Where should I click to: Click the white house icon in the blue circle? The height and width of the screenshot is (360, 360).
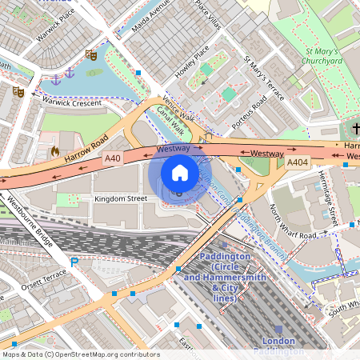180,173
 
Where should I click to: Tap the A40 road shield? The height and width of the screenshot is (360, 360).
113,158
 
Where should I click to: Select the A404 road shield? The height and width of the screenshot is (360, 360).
298,162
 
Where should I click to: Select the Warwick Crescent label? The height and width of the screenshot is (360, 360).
73,102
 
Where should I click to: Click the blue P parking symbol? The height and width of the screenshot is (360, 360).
74,262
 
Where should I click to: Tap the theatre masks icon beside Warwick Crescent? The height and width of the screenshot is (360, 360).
18,91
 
